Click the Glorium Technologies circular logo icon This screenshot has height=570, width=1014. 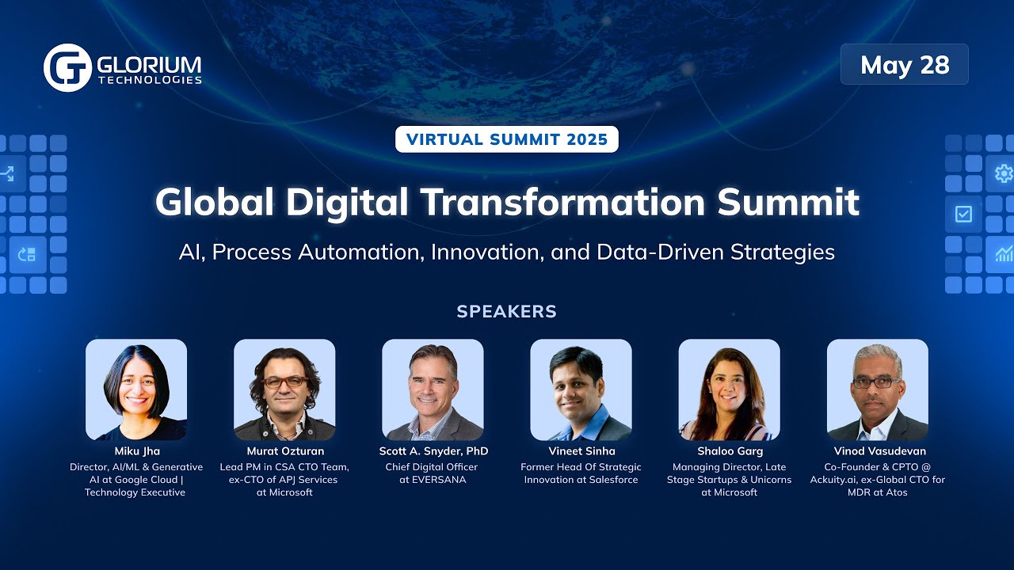click(x=67, y=68)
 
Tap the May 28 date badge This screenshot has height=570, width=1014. click(x=905, y=64)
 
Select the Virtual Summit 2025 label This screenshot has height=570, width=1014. click(x=507, y=140)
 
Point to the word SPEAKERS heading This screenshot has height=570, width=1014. click(x=507, y=311)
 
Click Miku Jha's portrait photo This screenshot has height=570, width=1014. click(x=136, y=389)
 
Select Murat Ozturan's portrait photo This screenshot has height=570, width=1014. click(x=284, y=389)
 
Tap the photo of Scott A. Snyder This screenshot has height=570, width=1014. click(x=433, y=389)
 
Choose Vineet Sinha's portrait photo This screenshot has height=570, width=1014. click(x=581, y=389)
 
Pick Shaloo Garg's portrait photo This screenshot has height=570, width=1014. click(x=729, y=389)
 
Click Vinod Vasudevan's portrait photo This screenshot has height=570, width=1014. click(x=877, y=389)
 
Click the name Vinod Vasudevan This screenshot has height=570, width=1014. click(x=877, y=451)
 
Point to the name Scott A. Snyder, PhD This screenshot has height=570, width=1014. click(x=433, y=451)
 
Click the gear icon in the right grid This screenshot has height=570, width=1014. click(x=1003, y=173)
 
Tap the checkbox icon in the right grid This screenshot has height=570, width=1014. click(x=964, y=214)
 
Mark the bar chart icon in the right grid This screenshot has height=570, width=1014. click(x=1004, y=254)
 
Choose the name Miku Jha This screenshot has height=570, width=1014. click(x=136, y=451)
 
